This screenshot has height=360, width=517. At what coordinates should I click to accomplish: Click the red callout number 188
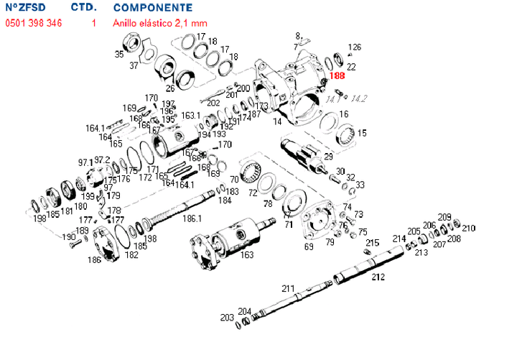coord(337,75)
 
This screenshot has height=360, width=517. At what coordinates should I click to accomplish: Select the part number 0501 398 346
coord(33,23)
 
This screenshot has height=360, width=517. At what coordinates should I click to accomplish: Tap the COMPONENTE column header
coord(152,8)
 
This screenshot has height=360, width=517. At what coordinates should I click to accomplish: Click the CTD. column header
coord(84,8)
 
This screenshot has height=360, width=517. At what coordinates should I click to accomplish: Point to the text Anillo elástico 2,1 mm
coord(159,23)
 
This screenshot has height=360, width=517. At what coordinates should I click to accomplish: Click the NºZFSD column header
coord(29,8)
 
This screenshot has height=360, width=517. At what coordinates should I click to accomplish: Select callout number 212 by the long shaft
coord(378,276)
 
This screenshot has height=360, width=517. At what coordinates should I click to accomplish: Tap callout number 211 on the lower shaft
coord(288,288)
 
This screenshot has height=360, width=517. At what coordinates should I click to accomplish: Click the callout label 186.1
coord(192,217)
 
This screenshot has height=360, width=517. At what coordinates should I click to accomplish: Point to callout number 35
coord(119,54)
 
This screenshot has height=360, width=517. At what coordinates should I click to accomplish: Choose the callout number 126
coord(354,47)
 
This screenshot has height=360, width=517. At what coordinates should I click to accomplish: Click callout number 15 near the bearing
coord(362,133)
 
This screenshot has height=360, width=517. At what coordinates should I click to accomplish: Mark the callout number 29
coord(328,156)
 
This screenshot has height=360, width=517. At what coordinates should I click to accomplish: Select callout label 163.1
coord(190,115)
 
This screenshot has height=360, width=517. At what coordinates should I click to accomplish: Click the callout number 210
coord(468,228)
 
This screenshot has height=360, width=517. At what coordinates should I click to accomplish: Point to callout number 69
coord(309,246)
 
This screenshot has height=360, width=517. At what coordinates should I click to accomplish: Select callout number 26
coord(170,88)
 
